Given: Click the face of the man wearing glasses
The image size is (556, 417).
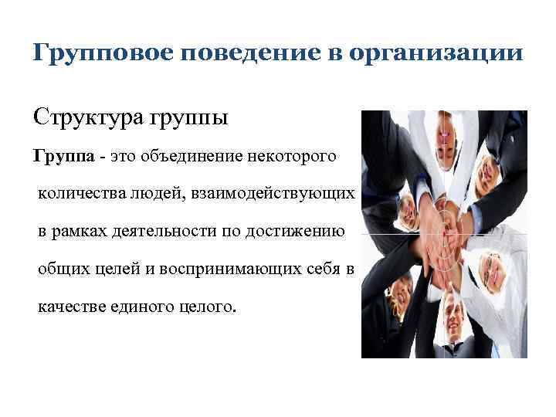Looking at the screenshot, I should pos(494,266).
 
